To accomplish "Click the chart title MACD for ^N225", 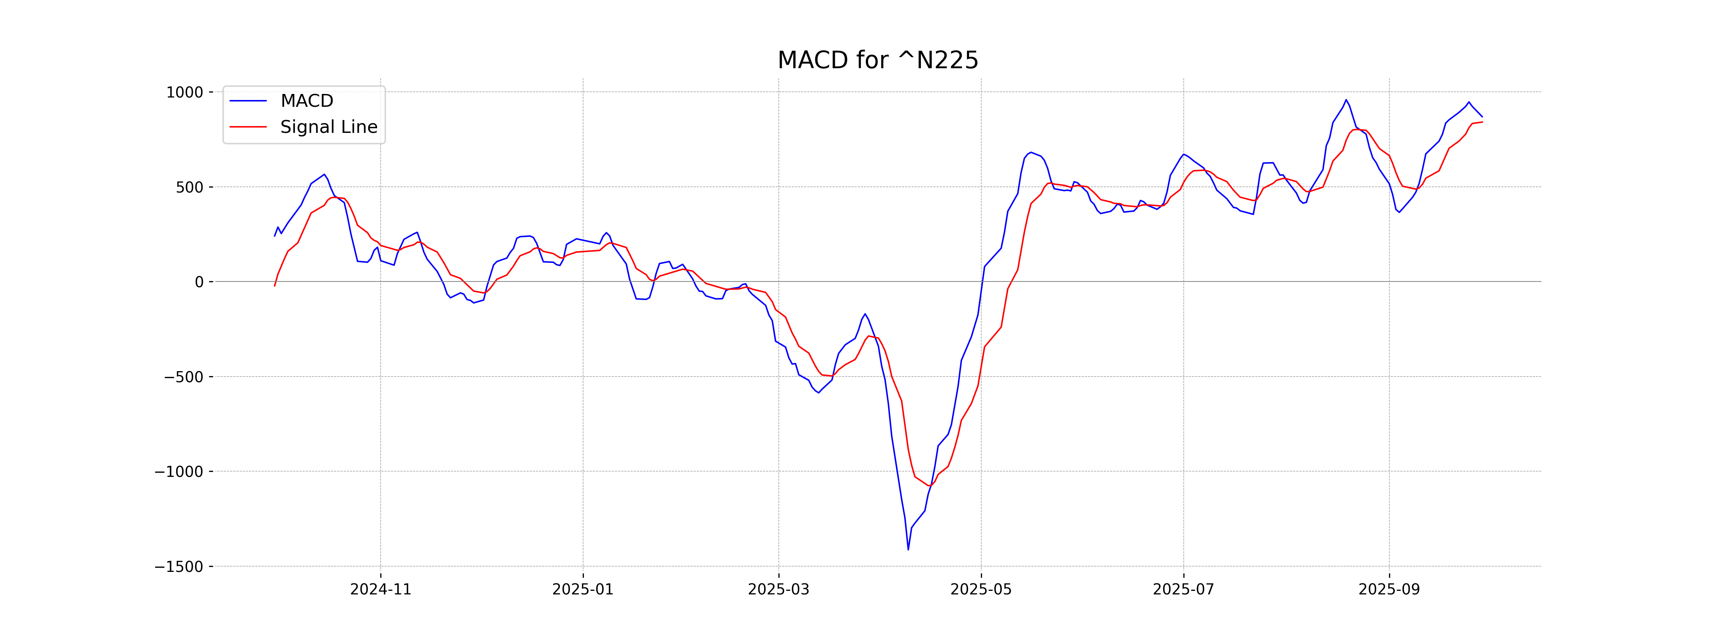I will (878, 61).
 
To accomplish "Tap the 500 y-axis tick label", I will (190, 188).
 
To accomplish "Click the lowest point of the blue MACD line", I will (908, 549).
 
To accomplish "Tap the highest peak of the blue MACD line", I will (1346, 100).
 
